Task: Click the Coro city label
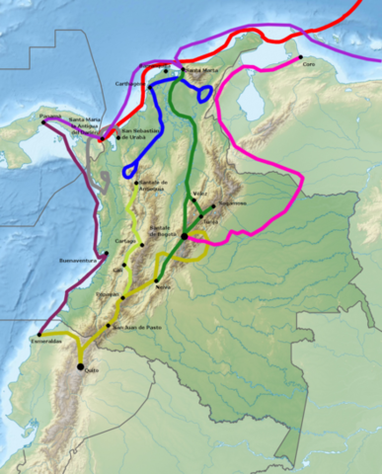coord(309,64)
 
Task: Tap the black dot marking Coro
coord(300,58)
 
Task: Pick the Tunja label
coord(211,222)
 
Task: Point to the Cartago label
coord(125,241)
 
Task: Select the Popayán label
coord(108,294)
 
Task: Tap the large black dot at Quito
coord(80,366)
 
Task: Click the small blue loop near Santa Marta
coord(203,94)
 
